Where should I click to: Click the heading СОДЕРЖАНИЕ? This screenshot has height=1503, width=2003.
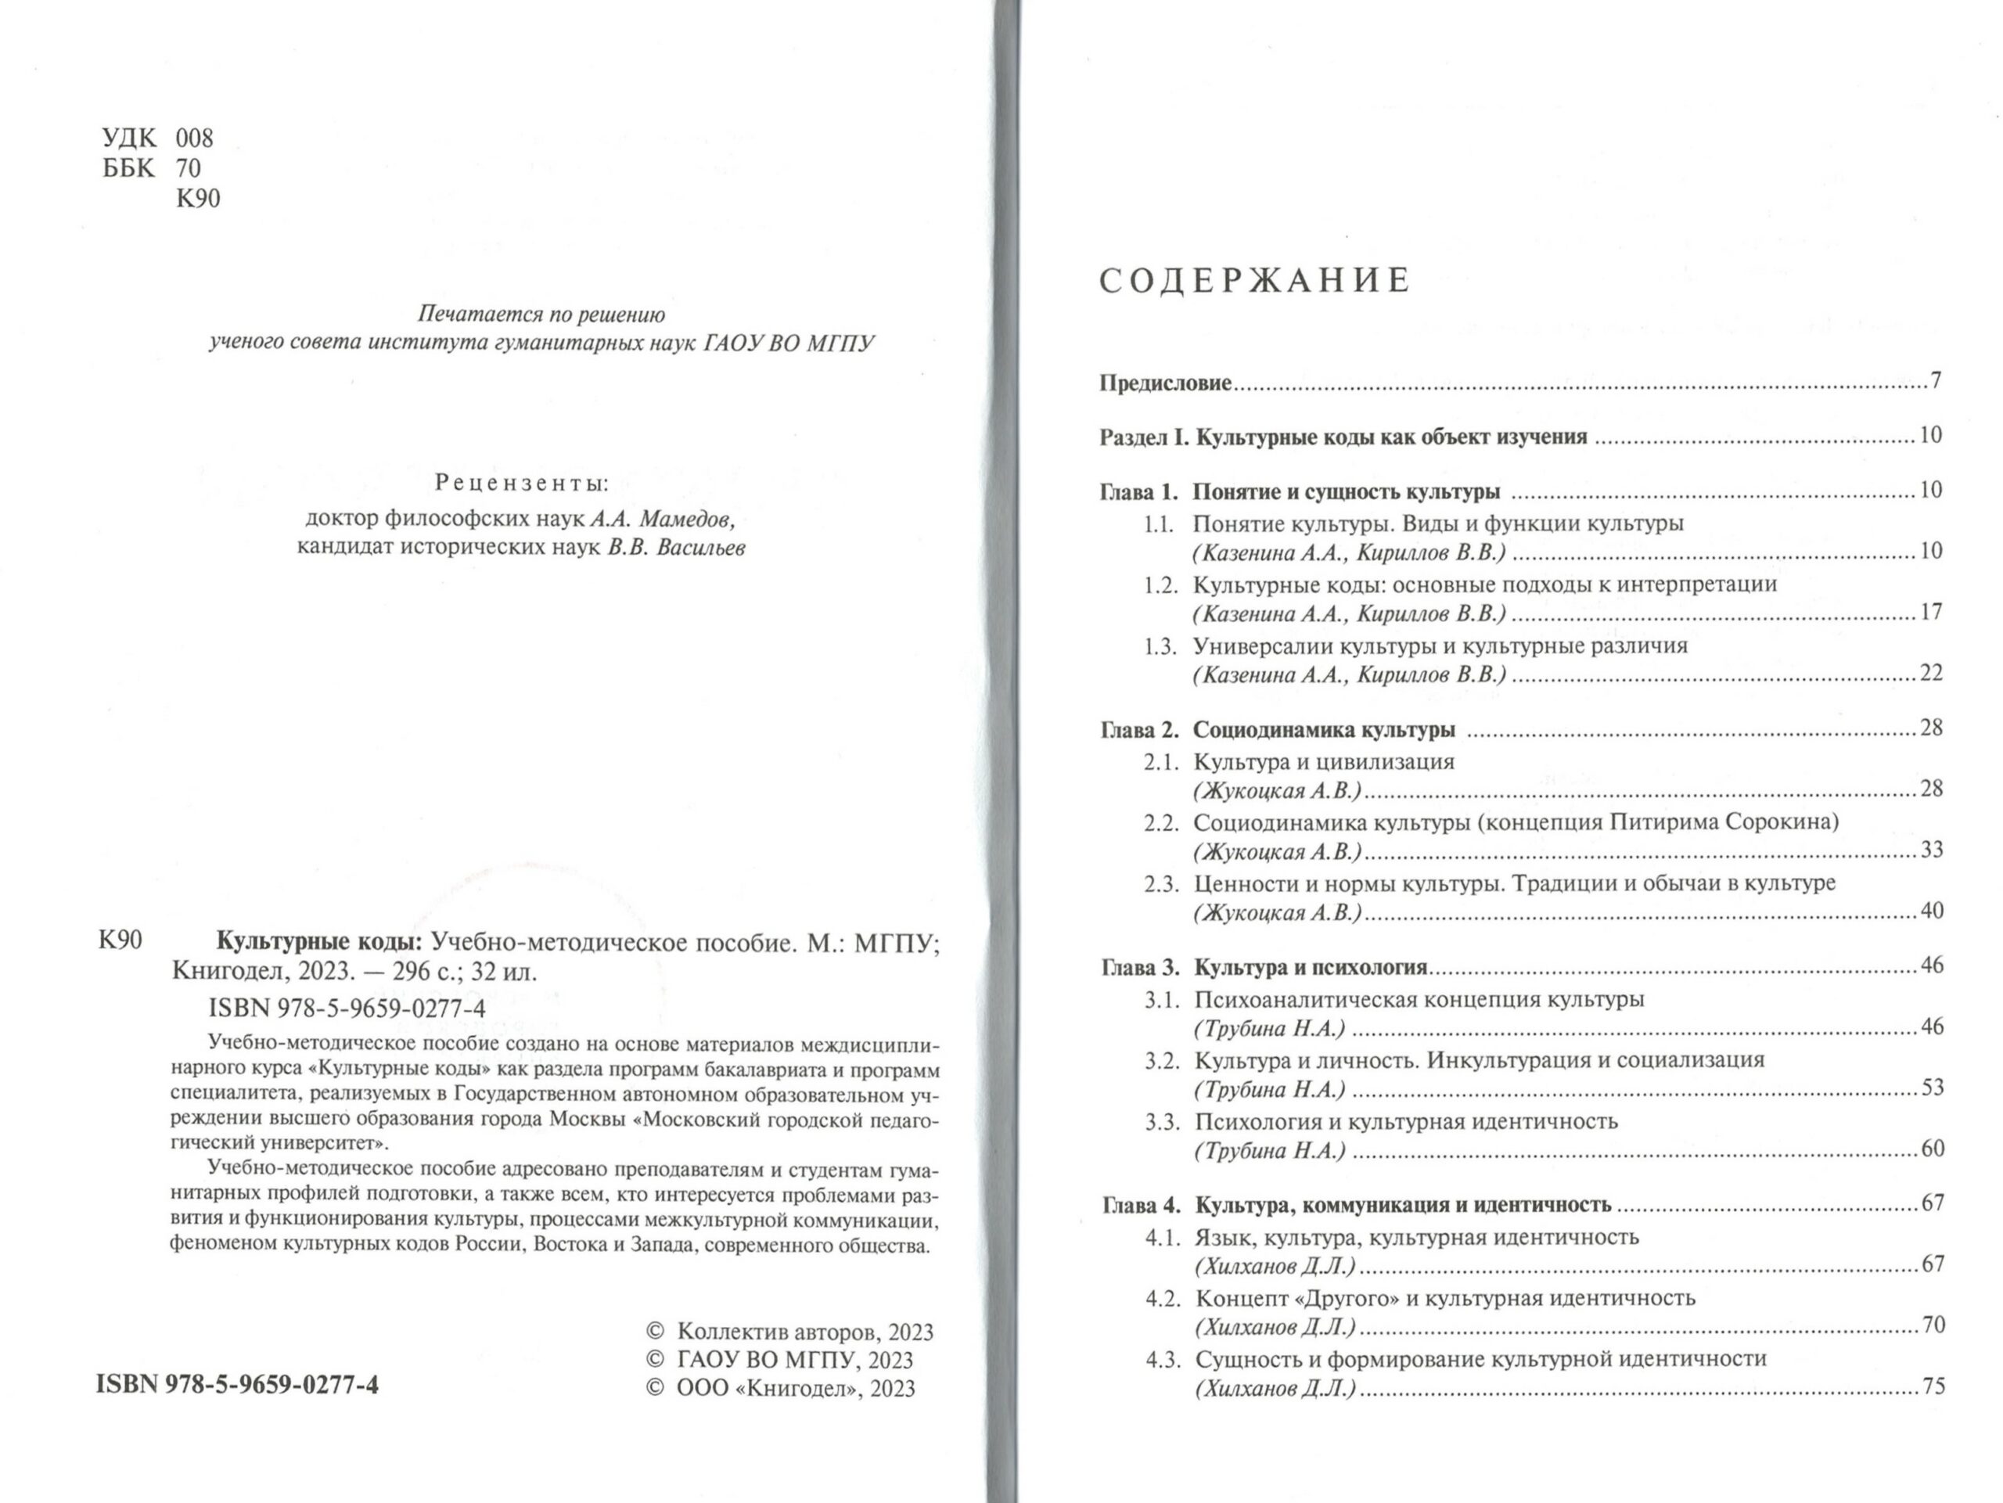(x=1254, y=281)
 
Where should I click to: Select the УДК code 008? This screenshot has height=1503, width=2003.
(x=194, y=138)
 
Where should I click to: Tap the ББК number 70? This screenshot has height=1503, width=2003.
(x=189, y=168)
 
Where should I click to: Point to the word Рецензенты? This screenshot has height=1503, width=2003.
(x=522, y=483)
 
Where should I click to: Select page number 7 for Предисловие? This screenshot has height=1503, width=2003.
(x=1935, y=380)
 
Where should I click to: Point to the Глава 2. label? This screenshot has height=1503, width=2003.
(x=1139, y=730)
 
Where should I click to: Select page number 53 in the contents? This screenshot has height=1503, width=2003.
(x=1932, y=1088)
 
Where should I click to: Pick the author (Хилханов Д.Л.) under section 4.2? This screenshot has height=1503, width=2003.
(x=1275, y=1326)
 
